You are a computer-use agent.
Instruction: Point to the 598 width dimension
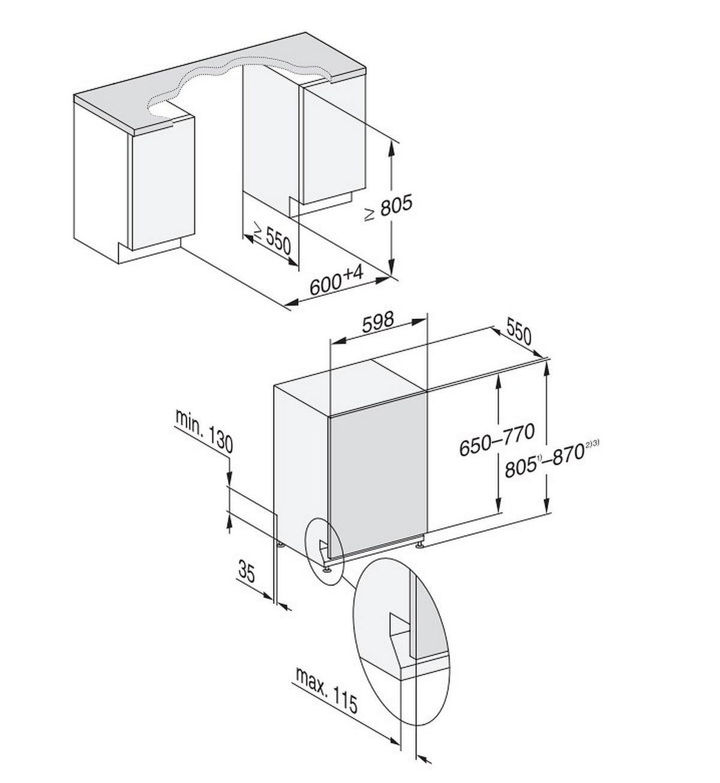pyautogui.click(x=378, y=322)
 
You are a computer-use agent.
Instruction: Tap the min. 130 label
pyautogui.click(x=204, y=432)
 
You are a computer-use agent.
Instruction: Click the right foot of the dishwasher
pyautogui.click(x=419, y=544)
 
